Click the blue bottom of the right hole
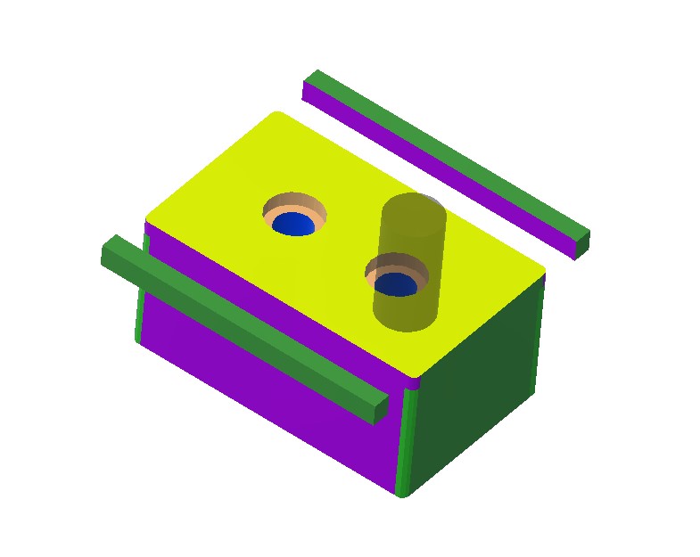pos(394,284)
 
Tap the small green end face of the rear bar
pos(581,245)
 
